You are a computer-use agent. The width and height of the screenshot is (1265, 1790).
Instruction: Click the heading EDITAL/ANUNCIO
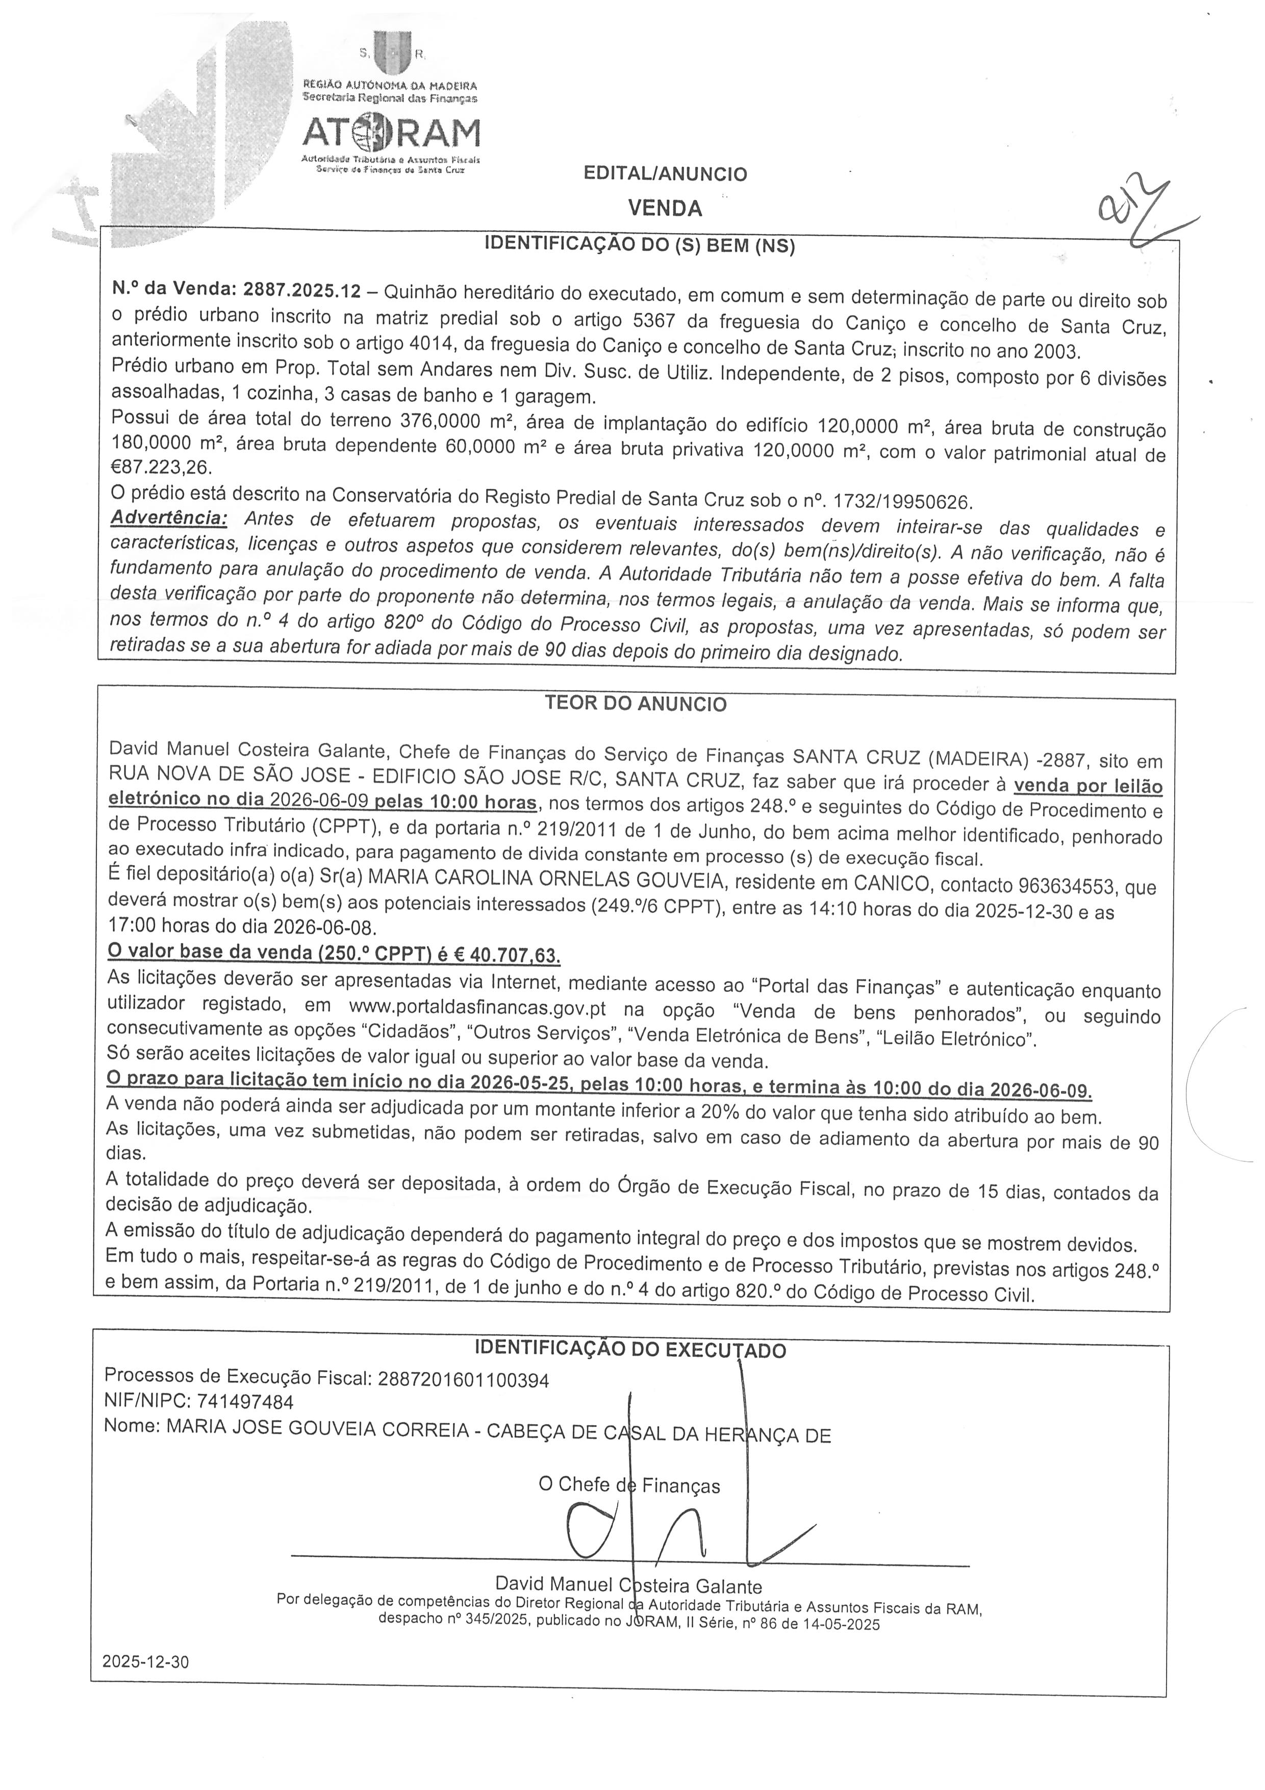(665, 174)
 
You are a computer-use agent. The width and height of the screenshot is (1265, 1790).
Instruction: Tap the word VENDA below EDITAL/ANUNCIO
(665, 208)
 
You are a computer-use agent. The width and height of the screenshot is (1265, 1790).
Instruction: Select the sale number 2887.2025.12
(302, 291)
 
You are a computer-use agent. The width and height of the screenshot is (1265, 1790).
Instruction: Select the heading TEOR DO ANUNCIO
(635, 704)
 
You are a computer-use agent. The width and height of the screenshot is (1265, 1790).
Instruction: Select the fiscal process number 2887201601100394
(463, 1380)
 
